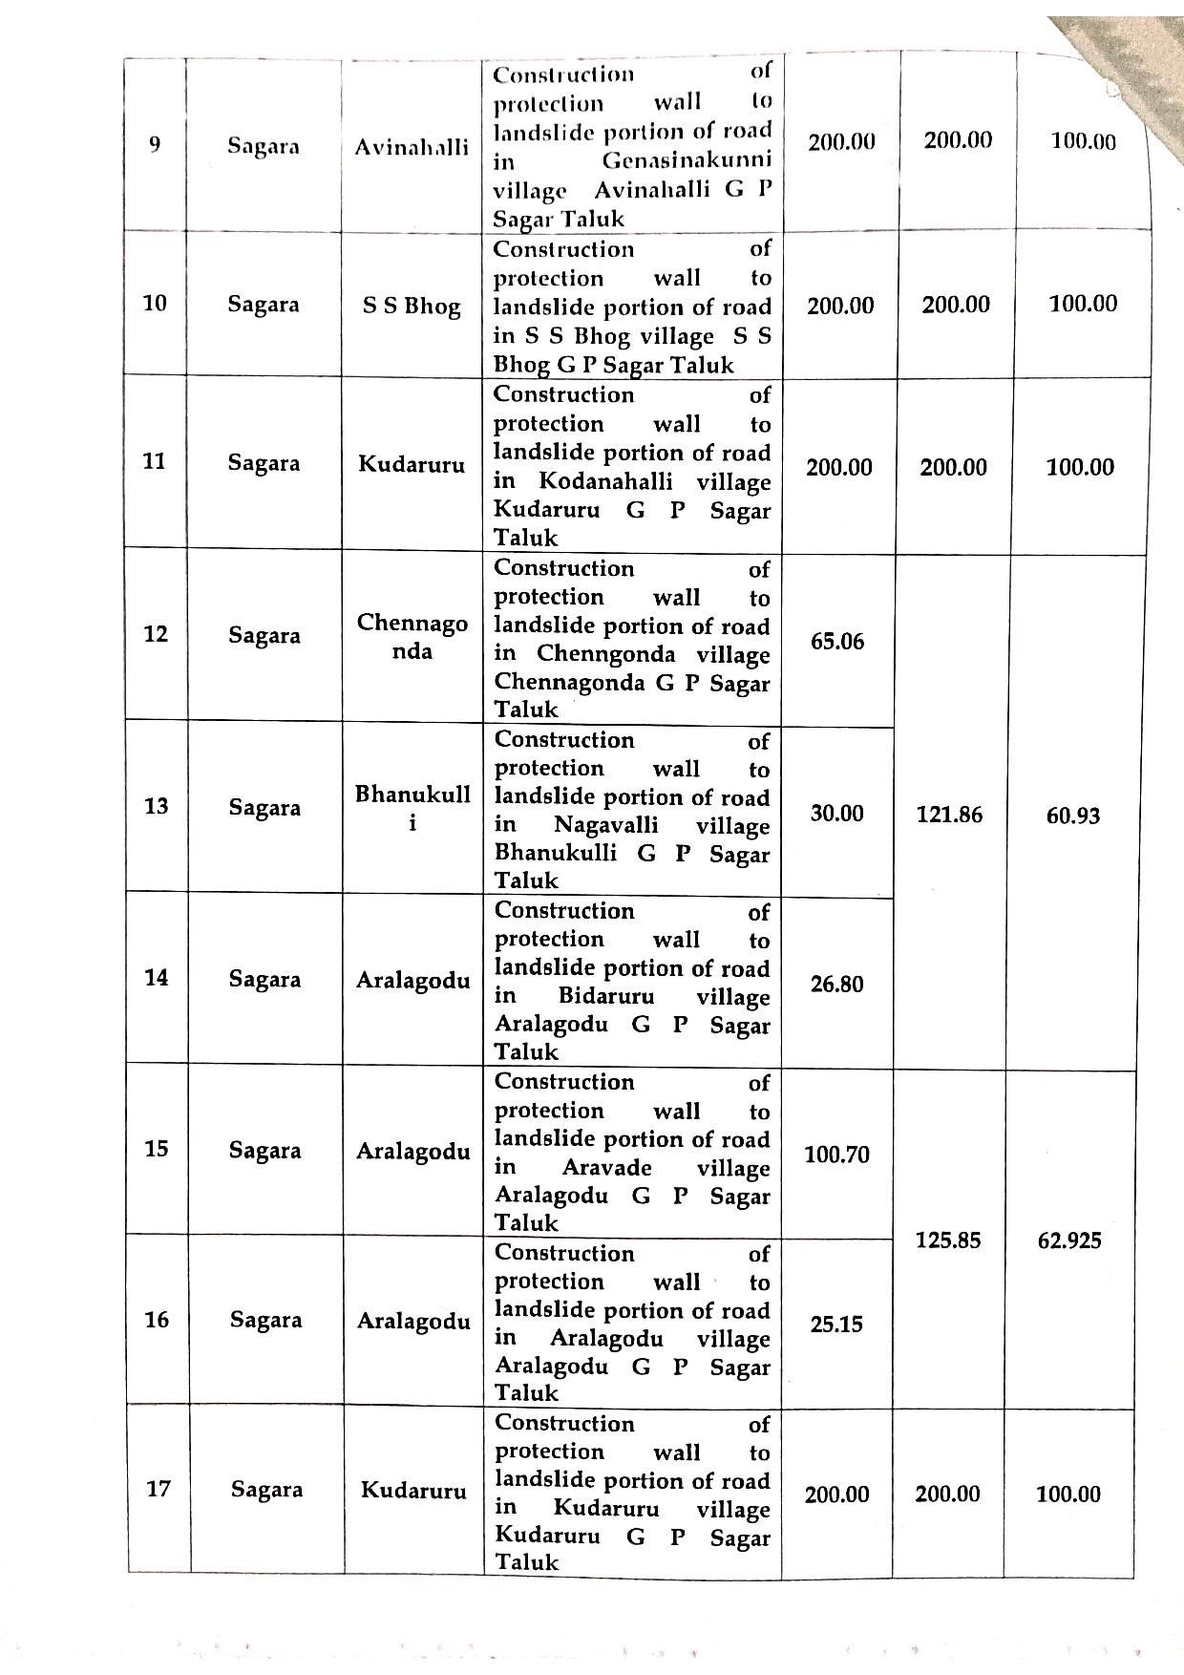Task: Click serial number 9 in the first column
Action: coord(155,144)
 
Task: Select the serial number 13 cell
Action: coord(157,806)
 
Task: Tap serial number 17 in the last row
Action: coord(159,1488)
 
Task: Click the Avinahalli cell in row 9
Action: coord(412,147)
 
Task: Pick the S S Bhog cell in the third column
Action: coord(412,307)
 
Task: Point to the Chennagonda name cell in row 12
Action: coord(412,637)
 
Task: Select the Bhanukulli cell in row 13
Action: coord(412,808)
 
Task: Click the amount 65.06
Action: coord(836,642)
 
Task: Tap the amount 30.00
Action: coord(836,814)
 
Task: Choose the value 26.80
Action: coord(836,985)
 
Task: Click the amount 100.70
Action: coord(836,1156)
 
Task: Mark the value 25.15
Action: coord(836,1325)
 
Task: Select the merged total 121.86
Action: coord(949,815)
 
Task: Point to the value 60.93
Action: coord(1073,816)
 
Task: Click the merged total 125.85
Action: coord(948,1240)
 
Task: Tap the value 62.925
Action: coord(1069,1240)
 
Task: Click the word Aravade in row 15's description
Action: coord(607,1167)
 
